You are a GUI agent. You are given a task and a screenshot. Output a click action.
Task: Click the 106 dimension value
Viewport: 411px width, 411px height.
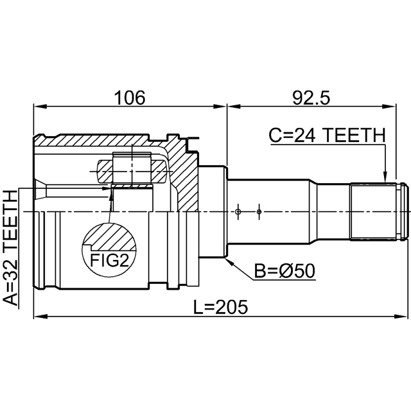click(130, 97)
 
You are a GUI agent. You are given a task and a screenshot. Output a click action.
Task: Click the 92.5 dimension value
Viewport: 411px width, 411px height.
click(310, 97)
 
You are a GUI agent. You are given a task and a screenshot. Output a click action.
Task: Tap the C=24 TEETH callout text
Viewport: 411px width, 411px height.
click(326, 136)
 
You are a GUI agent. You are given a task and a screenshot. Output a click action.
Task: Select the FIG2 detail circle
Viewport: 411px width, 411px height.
click(109, 250)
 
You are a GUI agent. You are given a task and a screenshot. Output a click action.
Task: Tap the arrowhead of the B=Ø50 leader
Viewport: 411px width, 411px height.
click(231, 263)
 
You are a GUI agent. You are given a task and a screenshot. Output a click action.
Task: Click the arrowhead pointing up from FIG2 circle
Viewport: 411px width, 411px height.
click(111, 193)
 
